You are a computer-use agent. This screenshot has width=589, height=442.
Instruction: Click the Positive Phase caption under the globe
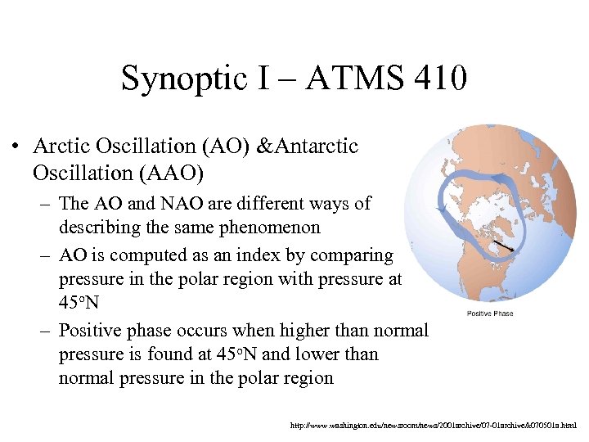pyautogui.click(x=490, y=313)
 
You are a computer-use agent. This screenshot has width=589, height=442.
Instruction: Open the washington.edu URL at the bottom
pyautogui.click(x=434, y=426)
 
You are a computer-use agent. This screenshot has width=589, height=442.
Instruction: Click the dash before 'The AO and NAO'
pyautogui.click(x=47, y=204)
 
